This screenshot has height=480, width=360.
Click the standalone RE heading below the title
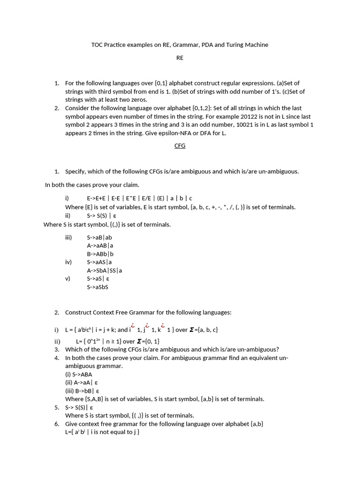(180, 58)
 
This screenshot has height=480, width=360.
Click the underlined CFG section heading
(180, 146)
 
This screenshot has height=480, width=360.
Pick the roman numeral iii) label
(69, 237)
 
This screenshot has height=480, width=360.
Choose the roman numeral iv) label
(68, 262)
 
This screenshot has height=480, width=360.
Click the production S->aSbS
(97, 287)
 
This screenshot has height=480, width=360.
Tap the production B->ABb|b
(100, 254)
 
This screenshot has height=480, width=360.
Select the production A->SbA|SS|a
(105, 270)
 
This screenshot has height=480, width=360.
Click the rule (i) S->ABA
(79, 375)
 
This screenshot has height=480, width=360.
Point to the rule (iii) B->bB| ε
(82, 391)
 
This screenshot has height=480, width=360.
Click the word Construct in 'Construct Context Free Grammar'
(78, 312)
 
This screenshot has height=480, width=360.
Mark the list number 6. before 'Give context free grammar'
(56, 424)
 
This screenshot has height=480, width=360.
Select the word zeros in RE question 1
(139, 99)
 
